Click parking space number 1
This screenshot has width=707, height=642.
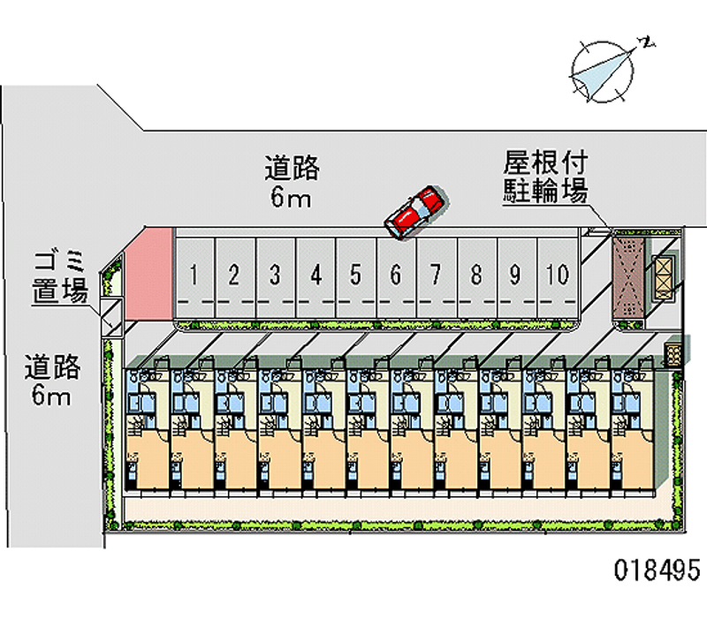[x=193, y=276]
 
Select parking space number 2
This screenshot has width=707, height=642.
[x=233, y=276]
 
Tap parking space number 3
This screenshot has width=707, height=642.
[x=275, y=276]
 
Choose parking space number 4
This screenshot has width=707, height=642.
[x=315, y=276]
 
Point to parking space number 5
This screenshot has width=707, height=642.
[x=355, y=276]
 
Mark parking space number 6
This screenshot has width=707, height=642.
[x=396, y=276]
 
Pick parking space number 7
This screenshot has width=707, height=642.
[x=436, y=276]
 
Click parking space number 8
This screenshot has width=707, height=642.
[x=476, y=276]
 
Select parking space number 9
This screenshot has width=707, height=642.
[x=516, y=276]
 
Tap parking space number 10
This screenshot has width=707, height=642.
[x=557, y=276]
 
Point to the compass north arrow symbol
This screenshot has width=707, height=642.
[x=604, y=70]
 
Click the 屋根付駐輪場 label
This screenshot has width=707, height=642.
[x=545, y=177]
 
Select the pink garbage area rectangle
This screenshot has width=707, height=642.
[x=148, y=273]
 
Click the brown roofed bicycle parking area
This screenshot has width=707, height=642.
[x=630, y=275]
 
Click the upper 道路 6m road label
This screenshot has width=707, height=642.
[x=291, y=181]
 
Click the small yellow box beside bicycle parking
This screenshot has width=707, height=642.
[x=664, y=271]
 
